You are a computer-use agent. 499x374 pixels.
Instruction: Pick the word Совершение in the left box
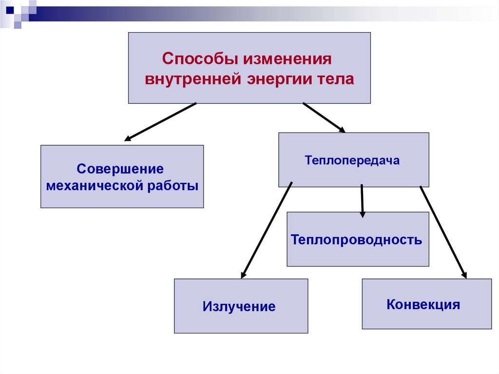pos(120,169)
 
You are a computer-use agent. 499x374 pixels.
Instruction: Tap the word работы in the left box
pos(173,186)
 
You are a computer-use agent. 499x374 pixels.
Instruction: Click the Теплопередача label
pos(352,160)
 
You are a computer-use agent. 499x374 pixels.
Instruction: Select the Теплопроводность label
pos(357,239)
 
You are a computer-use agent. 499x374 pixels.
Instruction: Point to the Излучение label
pos(239,307)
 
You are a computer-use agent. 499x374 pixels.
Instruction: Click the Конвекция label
pos(423,305)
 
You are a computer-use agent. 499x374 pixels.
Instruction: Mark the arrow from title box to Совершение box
pos(161,121)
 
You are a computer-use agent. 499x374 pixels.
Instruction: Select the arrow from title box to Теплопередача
pos(324,117)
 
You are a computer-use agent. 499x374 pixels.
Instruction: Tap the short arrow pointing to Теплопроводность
pos(362,200)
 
